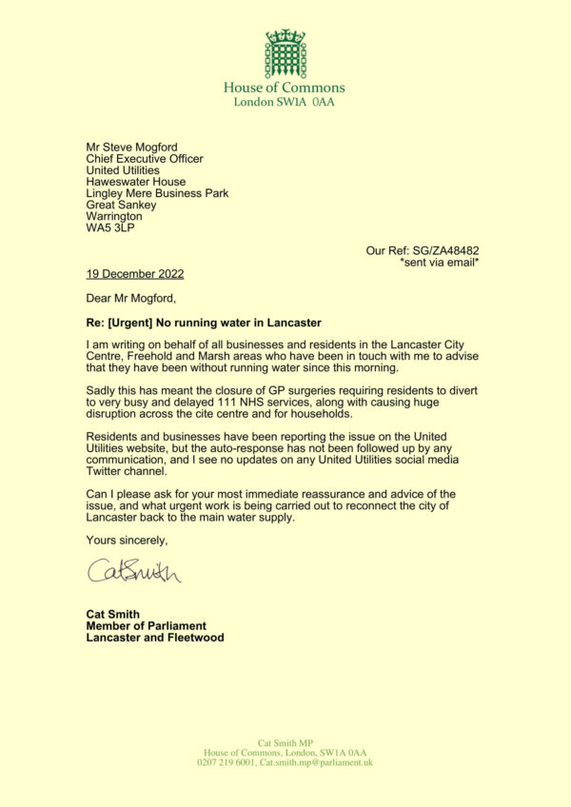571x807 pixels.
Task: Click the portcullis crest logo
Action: pyautogui.click(x=285, y=53)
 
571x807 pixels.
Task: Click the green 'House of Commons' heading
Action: pyautogui.click(x=285, y=88)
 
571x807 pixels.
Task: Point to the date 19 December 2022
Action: pyautogui.click(x=135, y=274)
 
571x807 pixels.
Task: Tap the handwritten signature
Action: pyautogui.click(x=135, y=571)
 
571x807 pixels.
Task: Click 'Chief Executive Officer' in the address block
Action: pyautogui.click(x=145, y=159)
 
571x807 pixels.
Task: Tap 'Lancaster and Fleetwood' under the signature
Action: pyautogui.click(x=155, y=638)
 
